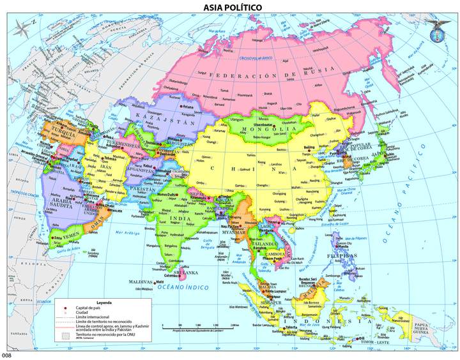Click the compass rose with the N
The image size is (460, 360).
(23, 27)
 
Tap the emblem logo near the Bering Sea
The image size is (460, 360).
(439, 27)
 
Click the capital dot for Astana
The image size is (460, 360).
(183, 107)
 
